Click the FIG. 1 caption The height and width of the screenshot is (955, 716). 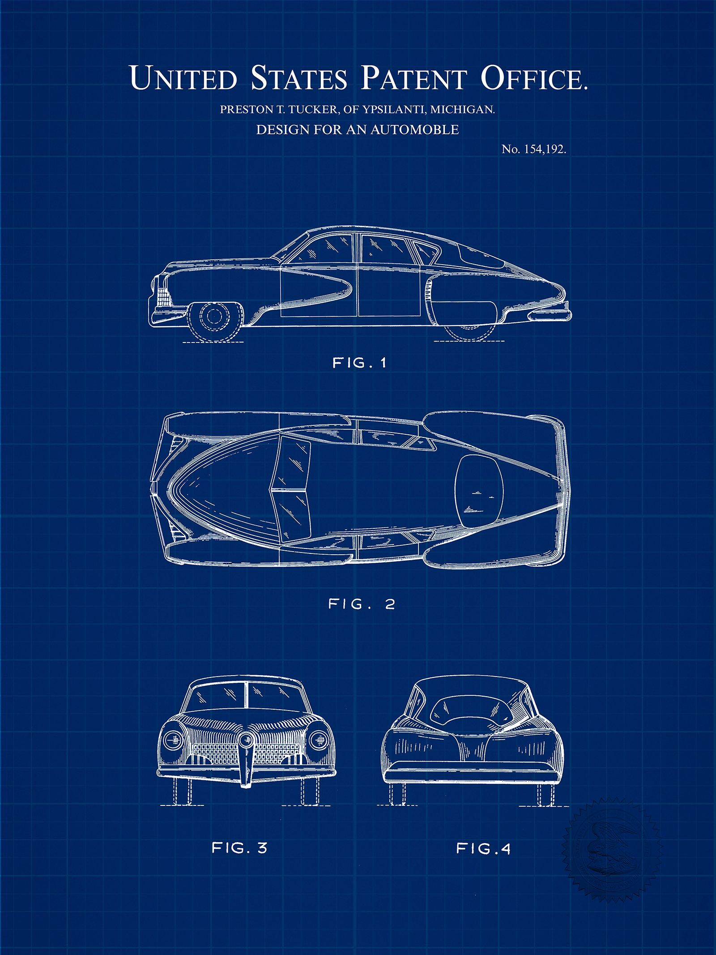click(x=359, y=363)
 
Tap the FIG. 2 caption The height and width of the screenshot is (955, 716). click(x=362, y=604)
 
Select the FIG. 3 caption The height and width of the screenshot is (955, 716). click(x=239, y=848)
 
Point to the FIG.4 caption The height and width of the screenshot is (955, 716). click(x=483, y=848)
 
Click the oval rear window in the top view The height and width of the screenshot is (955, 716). click(x=477, y=490)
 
